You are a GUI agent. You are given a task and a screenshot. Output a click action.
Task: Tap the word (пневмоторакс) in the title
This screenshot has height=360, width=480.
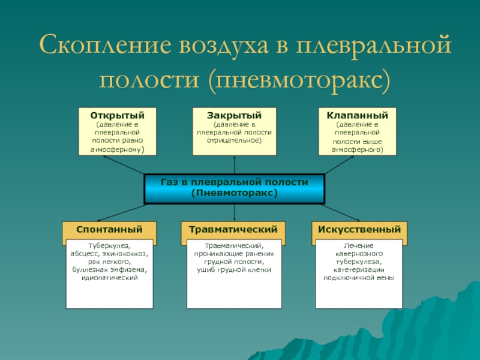tap(299, 78)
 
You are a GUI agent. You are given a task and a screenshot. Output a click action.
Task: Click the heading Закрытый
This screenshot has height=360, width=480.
tap(234, 115)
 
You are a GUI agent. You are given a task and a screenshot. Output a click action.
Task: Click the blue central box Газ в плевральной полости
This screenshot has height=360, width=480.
tap(234, 188)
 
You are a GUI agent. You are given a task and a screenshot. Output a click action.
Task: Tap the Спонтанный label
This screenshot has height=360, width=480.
tap(109, 230)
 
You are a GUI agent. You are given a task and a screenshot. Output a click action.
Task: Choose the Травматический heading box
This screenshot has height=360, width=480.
tap(233, 230)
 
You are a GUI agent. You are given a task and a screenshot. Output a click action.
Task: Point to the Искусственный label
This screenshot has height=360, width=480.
tap(359, 230)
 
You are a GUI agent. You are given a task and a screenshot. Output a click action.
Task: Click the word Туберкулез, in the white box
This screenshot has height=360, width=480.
tap(109, 247)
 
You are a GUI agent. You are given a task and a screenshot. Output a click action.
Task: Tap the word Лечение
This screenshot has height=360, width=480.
tap(359, 247)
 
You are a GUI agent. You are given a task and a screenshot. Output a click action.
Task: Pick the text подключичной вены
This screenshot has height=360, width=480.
tap(359, 278)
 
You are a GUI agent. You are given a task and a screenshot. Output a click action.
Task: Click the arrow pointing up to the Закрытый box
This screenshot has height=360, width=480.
tap(234, 161)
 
